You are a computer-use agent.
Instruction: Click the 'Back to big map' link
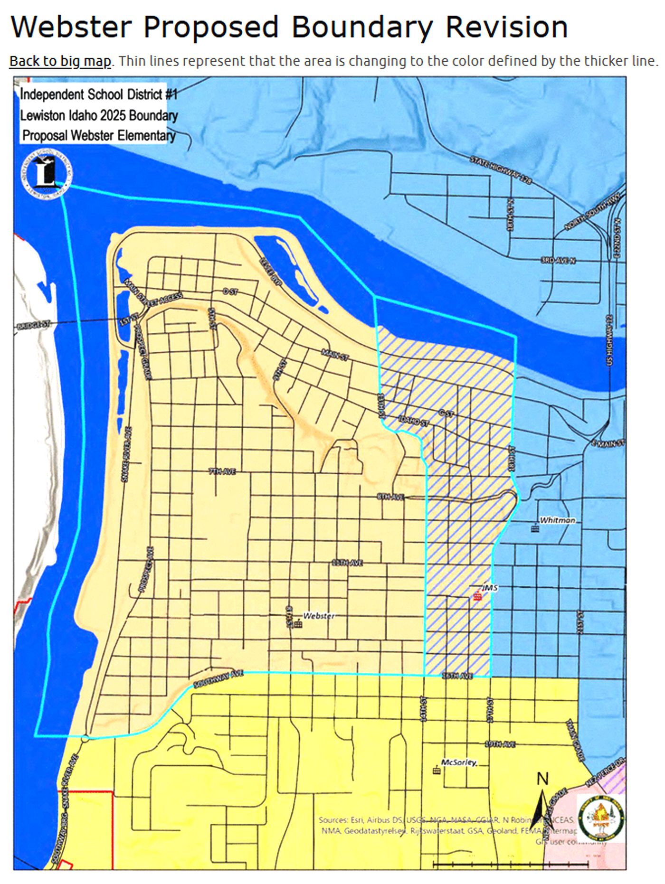(x=60, y=61)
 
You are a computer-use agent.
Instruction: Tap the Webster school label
(x=319, y=616)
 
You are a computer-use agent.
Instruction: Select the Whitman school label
(x=557, y=520)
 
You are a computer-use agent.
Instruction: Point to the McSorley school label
(x=458, y=762)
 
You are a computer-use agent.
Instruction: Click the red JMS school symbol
(x=477, y=597)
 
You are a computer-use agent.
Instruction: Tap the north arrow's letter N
(x=542, y=779)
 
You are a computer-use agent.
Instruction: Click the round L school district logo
(x=46, y=174)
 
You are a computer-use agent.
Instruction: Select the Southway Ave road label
(x=218, y=679)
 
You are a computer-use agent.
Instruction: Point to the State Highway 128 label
(x=501, y=170)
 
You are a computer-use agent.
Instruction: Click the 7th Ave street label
(x=222, y=471)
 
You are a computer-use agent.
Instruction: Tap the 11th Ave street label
(x=347, y=563)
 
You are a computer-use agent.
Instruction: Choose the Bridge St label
(x=33, y=325)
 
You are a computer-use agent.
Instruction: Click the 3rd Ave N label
(x=558, y=260)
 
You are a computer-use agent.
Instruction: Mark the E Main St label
(x=608, y=443)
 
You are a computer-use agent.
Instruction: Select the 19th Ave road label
(x=500, y=744)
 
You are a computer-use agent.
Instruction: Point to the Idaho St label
(x=413, y=421)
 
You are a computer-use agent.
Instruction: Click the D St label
(x=230, y=292)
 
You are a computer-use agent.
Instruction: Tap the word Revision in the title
(x=506, y=27)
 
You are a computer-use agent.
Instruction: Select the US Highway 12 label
(x=610, y=340)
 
